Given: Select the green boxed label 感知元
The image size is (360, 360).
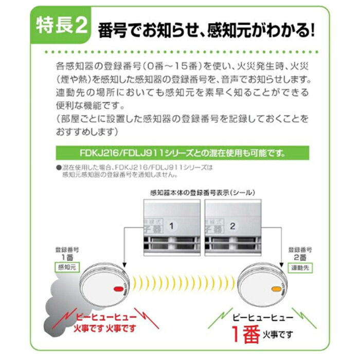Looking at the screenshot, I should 67,266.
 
